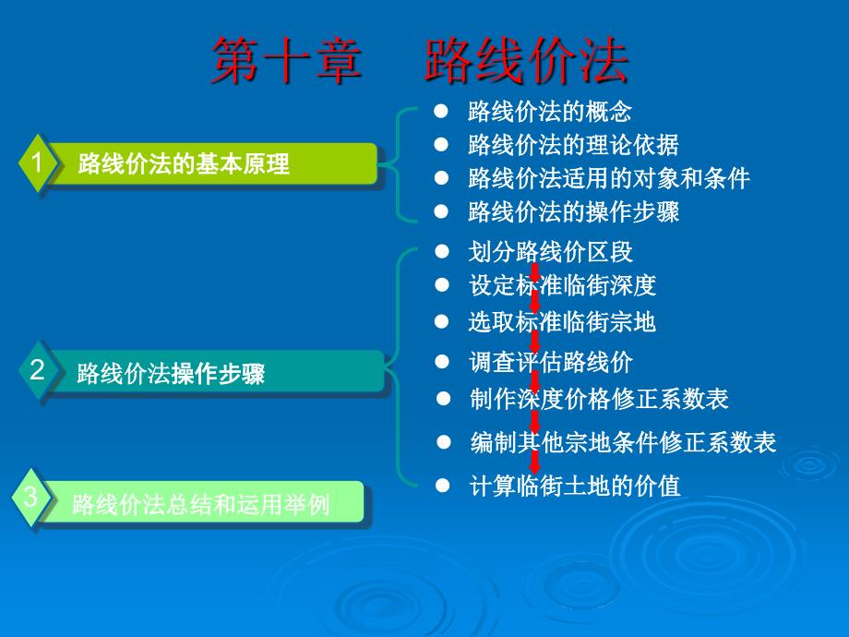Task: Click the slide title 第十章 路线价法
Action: tap(420, 61)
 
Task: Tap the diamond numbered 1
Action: tap(37, 162)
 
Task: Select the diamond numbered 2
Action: tap(37, 370)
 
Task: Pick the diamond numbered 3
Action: tap(30, 497)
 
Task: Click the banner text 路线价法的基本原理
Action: tap(184, 163)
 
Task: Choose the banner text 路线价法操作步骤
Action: tap(171, 373)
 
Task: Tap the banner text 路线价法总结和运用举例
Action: tap(200, 505)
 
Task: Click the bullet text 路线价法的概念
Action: tap(550, 112)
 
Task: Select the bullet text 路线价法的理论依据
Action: tap(573, 145)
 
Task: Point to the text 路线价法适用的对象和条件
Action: tap(608, 178)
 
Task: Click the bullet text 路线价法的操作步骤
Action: tap(573, 211)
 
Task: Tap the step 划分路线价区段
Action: tap(550, 252)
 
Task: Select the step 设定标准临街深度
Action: tap(563, 285)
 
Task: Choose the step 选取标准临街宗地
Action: tap(562, 322)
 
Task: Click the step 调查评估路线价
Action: tap(551, 362)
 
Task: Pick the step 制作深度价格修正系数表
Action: tap(599, 399)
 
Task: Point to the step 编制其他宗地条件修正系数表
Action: tap(623, 442)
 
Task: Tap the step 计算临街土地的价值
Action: tap(575, 486)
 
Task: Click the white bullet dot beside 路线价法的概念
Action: tap(441, 111)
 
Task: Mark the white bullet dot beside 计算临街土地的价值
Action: tap(442, 486)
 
